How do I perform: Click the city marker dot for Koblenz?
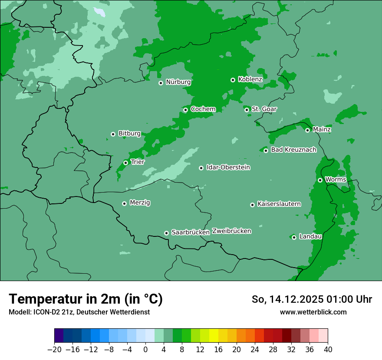pyautogui.click(x=233, y=80)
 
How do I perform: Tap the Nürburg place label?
pyautogui.click(x=178, y=82)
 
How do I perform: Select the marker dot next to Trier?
pyautogui.click(x=125, y=163)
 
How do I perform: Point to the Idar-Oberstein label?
pyautogui.click(x=228, y=167)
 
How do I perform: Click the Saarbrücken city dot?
pyautogui.click(x=166, y=233)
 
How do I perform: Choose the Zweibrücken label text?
pyautogui.click(x=231, y=231)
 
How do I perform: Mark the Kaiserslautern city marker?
pyautogui.click(x=252, y=205)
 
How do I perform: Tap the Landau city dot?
pyautogui.click(x=294, y=237)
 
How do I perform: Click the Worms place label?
pyautogui.click(x=336, y=180)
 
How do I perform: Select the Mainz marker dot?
pyautogui.click(x=307, y=130)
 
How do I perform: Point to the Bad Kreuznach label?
pyautogui.click(x=293, y=150)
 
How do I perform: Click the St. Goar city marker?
pyautogui.click(x=247, y=110)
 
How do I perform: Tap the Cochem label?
pyautogui.click(x=203, y=109)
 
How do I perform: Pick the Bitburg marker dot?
pyautogui.click(x=113, y=134)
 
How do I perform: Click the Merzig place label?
pyautogui.click(x=140, y=203)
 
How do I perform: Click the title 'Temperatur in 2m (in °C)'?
pyautogui.click(x=86, y=299)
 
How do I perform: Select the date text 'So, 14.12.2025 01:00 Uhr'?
pyautogui.click(x=312, y=299)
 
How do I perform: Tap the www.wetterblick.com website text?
pyautogui.click(x=313, y=312)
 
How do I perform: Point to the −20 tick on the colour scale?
pyautogui.click(x=55, y=350)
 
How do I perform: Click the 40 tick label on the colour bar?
pyautogui.click(x=328, y=350)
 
